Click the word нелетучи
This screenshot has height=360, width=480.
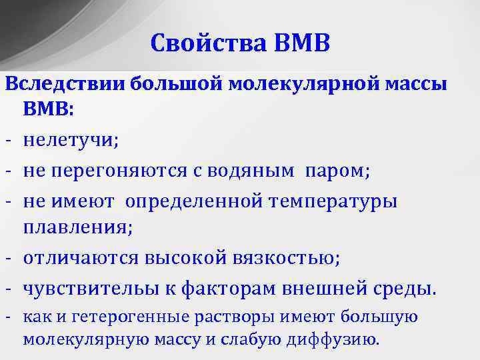coord(71,141)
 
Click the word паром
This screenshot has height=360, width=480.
coord(335,171)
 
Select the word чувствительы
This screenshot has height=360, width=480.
coord(91,289)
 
